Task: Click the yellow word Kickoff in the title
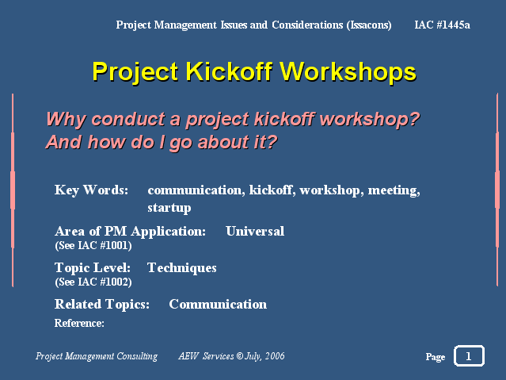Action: (229, 71)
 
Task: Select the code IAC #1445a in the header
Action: (442, 25)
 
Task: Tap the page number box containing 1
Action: (469, 355)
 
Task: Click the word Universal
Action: (255, 231)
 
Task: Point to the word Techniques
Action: (181, 268)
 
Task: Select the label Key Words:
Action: (91, 190)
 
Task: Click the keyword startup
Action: (169, 208)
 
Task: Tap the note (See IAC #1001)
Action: (93, 245)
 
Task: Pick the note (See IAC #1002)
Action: (93, 282)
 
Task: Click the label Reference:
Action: (79, 323)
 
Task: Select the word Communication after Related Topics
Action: (218, 305)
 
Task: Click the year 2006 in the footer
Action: (275, 356)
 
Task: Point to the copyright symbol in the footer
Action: (239, 356)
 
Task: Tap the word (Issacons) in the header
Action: (369, 25)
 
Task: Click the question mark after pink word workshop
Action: (413, 118)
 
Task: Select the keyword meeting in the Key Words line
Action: (394, 190)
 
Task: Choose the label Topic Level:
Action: (93, 268)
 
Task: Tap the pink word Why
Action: (66, 120)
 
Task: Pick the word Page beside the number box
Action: (436, 357)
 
